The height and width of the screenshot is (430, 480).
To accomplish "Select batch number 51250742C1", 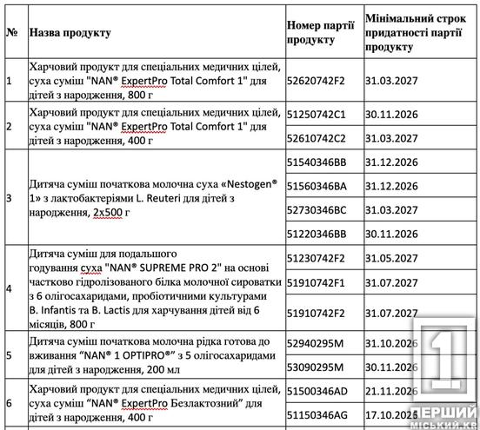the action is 317,114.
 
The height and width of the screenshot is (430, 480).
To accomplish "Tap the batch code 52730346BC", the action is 317,210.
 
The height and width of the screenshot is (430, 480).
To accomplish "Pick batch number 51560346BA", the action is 317,186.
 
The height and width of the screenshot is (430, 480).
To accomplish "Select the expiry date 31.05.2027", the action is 394,258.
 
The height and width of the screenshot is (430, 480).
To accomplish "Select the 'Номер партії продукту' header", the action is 321,32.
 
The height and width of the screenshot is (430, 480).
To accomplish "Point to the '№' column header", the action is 12,32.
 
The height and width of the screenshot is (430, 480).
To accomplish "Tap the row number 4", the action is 10,288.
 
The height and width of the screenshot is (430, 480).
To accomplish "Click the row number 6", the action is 10,403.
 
